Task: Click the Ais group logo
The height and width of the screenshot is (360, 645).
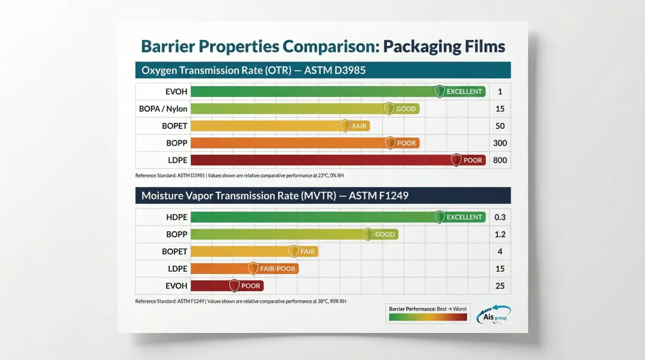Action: point(494,314)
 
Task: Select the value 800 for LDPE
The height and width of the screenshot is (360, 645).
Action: point(500,160)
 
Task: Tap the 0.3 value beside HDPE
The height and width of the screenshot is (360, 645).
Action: point(500,217)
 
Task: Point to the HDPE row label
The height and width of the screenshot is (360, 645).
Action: point(176,217)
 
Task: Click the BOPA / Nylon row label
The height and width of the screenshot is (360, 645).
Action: point(163,109)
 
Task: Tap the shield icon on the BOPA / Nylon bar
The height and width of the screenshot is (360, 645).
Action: point(389,109)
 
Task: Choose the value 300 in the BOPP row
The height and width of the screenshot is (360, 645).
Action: point(500,143)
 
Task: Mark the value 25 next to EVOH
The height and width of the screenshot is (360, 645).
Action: point(500,286)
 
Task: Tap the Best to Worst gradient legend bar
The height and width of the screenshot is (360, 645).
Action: point(428,318)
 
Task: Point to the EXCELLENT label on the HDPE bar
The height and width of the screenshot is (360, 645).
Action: point(464,217)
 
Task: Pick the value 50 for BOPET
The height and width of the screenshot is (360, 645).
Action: point(500,126)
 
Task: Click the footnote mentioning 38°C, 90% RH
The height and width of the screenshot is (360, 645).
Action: point(241,301)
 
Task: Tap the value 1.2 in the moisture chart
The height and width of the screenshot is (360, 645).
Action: point(500,235)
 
